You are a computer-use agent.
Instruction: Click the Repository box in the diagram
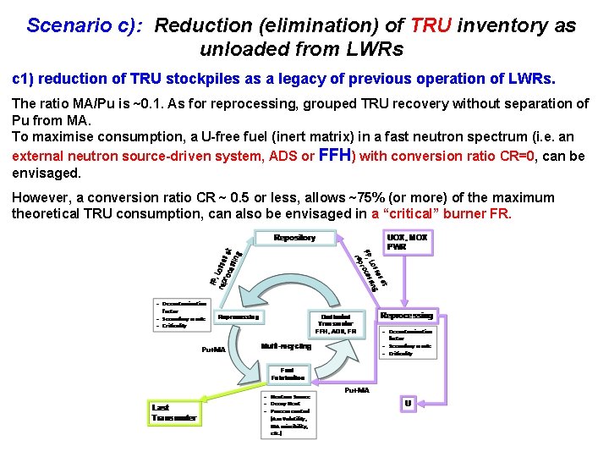click(294, 238)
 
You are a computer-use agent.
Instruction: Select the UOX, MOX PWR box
click(407, 243)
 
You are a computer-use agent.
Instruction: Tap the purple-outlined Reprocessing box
click(407, 316)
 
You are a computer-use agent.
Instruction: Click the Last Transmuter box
click(175, 412)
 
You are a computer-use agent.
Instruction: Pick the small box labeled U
click(408, 403)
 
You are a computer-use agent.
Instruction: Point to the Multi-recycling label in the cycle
click(286, 346)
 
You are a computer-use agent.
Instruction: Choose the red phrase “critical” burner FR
click(441, 213)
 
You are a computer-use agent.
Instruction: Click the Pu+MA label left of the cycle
click(214, 350)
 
